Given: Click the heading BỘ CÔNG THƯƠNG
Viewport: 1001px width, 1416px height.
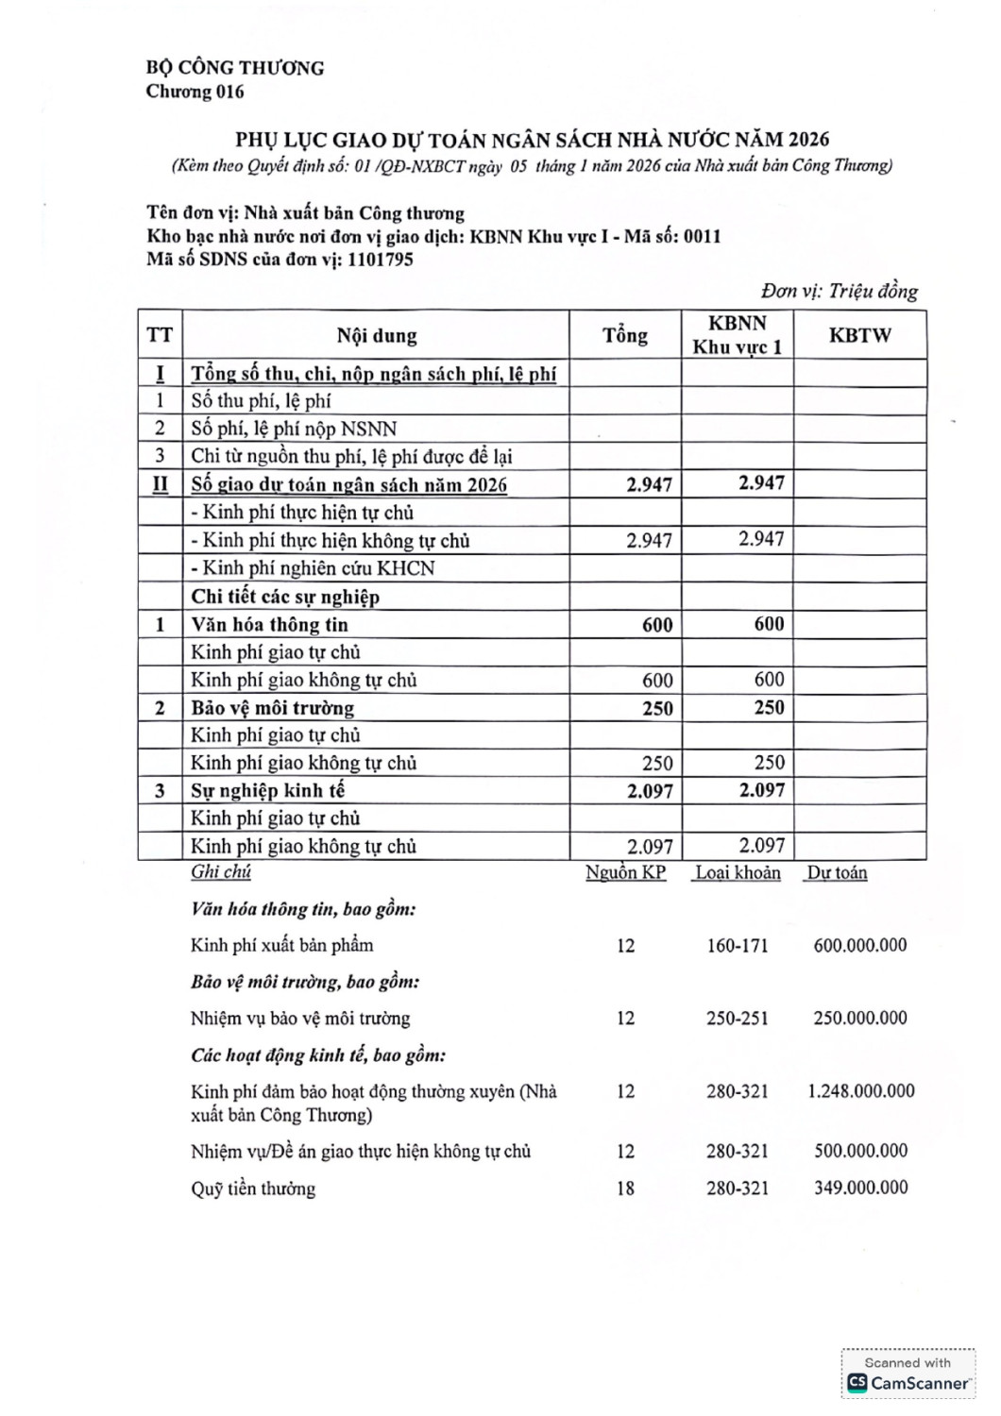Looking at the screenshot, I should coord(234,68).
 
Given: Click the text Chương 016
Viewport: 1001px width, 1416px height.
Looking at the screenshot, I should coord(195,92).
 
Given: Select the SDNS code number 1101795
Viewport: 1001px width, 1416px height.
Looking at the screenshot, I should coord(380,260).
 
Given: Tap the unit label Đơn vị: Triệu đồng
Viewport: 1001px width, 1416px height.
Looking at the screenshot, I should coord(840,292).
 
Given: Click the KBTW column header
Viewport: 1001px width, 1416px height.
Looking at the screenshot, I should coord(859,335).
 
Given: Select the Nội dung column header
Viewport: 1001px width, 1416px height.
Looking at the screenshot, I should coord(376,335).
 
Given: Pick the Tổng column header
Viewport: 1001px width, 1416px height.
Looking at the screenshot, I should coord(625,335).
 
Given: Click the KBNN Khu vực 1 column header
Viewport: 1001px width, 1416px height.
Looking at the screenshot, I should coord(737,335).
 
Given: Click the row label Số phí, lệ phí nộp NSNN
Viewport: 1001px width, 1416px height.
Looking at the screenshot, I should coord(294,429).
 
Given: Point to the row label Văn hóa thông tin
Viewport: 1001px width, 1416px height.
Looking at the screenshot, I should coord(269,625).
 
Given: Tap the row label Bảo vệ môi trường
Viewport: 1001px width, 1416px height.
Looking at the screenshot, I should coord(272,708).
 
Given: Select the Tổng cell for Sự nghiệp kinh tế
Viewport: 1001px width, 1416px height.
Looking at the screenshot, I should coord(650,791).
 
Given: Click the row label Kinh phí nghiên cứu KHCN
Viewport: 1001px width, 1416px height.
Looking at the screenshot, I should coord(313,568).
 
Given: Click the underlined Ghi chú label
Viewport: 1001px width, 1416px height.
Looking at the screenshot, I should coord(221,872).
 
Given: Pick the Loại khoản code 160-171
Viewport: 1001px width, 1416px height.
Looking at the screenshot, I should coord(738,945).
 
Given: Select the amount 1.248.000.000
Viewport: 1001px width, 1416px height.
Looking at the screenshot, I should coord(860,1091).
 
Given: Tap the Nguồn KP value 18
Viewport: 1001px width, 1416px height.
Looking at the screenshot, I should coord(625,1188).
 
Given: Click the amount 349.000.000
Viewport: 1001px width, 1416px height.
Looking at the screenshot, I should coord(860,1188).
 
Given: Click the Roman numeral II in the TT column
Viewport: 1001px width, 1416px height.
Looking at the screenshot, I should coord(160,484).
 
